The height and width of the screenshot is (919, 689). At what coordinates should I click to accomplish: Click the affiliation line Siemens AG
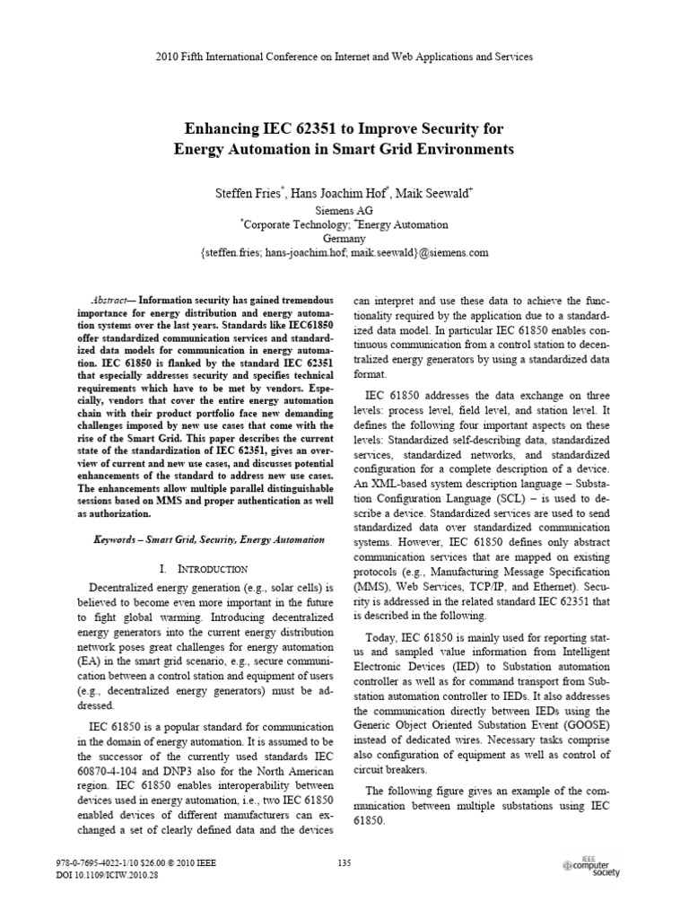pyautogui.click(x=344, y=209)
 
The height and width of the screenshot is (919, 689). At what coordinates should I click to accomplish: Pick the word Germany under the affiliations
pyautogui.click(x=344, y=239)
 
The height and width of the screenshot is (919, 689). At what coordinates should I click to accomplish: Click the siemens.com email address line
pyautogui.click(x=344, y=254)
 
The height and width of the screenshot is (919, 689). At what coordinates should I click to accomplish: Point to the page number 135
pyautogui.click(x=344, y=863)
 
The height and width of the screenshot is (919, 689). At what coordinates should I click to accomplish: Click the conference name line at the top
pyautogui.click(x=344, y=57)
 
